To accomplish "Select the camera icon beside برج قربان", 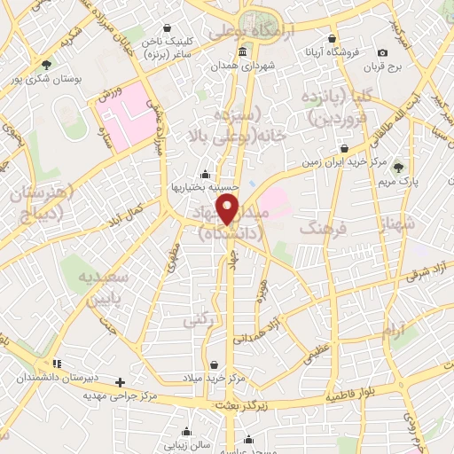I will coord(382,53).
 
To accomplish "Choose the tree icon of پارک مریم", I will coord(398,166).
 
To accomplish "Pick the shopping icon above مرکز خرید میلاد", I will coord(214,364).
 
